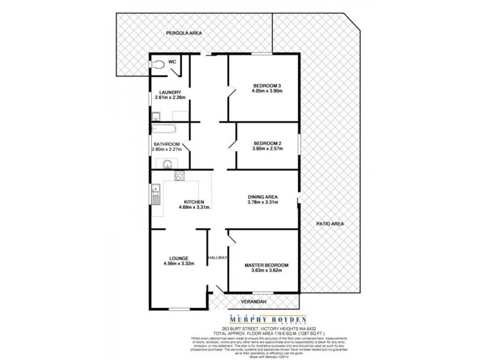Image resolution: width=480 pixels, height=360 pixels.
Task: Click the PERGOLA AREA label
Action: (184, 34)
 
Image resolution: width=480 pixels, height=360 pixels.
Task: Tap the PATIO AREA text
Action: (329, 224)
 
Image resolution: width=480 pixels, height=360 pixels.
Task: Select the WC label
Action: (172, 62)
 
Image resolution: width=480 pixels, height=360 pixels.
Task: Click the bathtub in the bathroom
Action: (163, 128)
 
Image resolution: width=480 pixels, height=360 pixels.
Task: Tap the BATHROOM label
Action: (166, 145)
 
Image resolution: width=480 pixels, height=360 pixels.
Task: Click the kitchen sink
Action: (155, 194)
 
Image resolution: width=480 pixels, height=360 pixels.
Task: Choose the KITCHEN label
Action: (194, 202)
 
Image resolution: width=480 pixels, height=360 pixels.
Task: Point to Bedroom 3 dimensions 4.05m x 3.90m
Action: (266, 92)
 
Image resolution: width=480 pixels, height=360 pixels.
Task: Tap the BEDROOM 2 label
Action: (266, 143)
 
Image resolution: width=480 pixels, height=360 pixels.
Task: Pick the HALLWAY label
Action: (217, 257)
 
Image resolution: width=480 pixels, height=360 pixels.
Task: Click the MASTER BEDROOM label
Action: (266, 265)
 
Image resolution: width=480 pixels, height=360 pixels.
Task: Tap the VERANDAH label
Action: (253, 301)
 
